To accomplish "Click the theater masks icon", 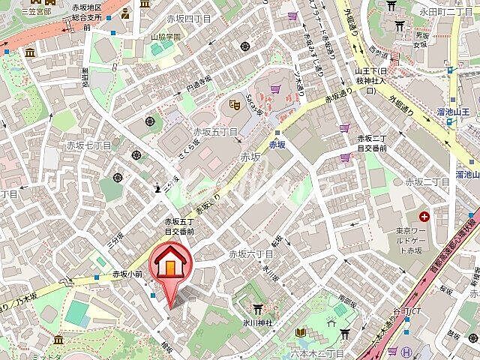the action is [x=233, y=104].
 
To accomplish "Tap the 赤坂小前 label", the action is [x=126, y=274].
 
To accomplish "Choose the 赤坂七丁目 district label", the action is [x=88, y=145].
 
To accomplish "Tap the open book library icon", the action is [x=299, y=332].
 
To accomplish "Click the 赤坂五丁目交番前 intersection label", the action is [x=180, y=226].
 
